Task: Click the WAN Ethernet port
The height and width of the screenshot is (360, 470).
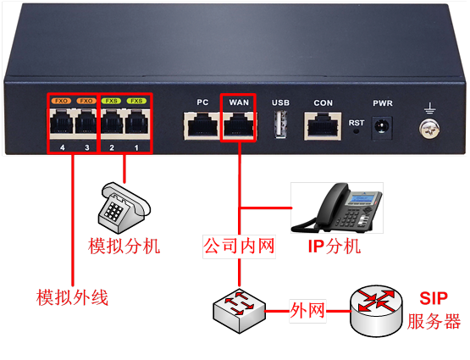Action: pyautogui.click(x=239, y=125)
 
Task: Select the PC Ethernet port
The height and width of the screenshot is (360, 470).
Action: pyautogui.click(x=202, y=125)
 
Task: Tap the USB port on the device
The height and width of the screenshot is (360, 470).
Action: pyautogui.click(x=280, y=125)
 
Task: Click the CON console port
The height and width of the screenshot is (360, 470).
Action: pyautogui.click(x=323, y=126)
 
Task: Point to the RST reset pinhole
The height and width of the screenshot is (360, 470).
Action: pyautogui.click(x=356, y=131)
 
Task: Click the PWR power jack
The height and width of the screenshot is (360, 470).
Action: pyautogui.click(x=382, y=128)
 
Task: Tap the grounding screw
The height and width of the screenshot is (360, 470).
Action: pyautogui.click(x=429, y=130)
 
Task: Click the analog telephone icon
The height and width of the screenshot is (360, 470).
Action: pyautogui.click(x=124, y=208)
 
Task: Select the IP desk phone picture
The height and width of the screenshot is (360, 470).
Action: pyautogui.click(x=336, y=208)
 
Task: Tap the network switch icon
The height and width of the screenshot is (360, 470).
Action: pyautogui.click(x=239, y=311)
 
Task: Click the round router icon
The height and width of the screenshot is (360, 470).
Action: pyautogui.click(x=376, y=311)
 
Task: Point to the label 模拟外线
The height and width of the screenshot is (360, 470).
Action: pyautogui.click(x=72, y=297)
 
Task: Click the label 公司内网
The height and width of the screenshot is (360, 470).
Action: pyautogui.click(x=239, y=246)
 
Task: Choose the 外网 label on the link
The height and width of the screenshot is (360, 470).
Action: pyautogui.click(x=307, y=311)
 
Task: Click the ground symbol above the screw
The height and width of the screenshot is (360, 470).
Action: pyautogui.click(x=430, y=108)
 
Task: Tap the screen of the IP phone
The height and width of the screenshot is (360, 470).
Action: pyautogui.click(x=363, y=198)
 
